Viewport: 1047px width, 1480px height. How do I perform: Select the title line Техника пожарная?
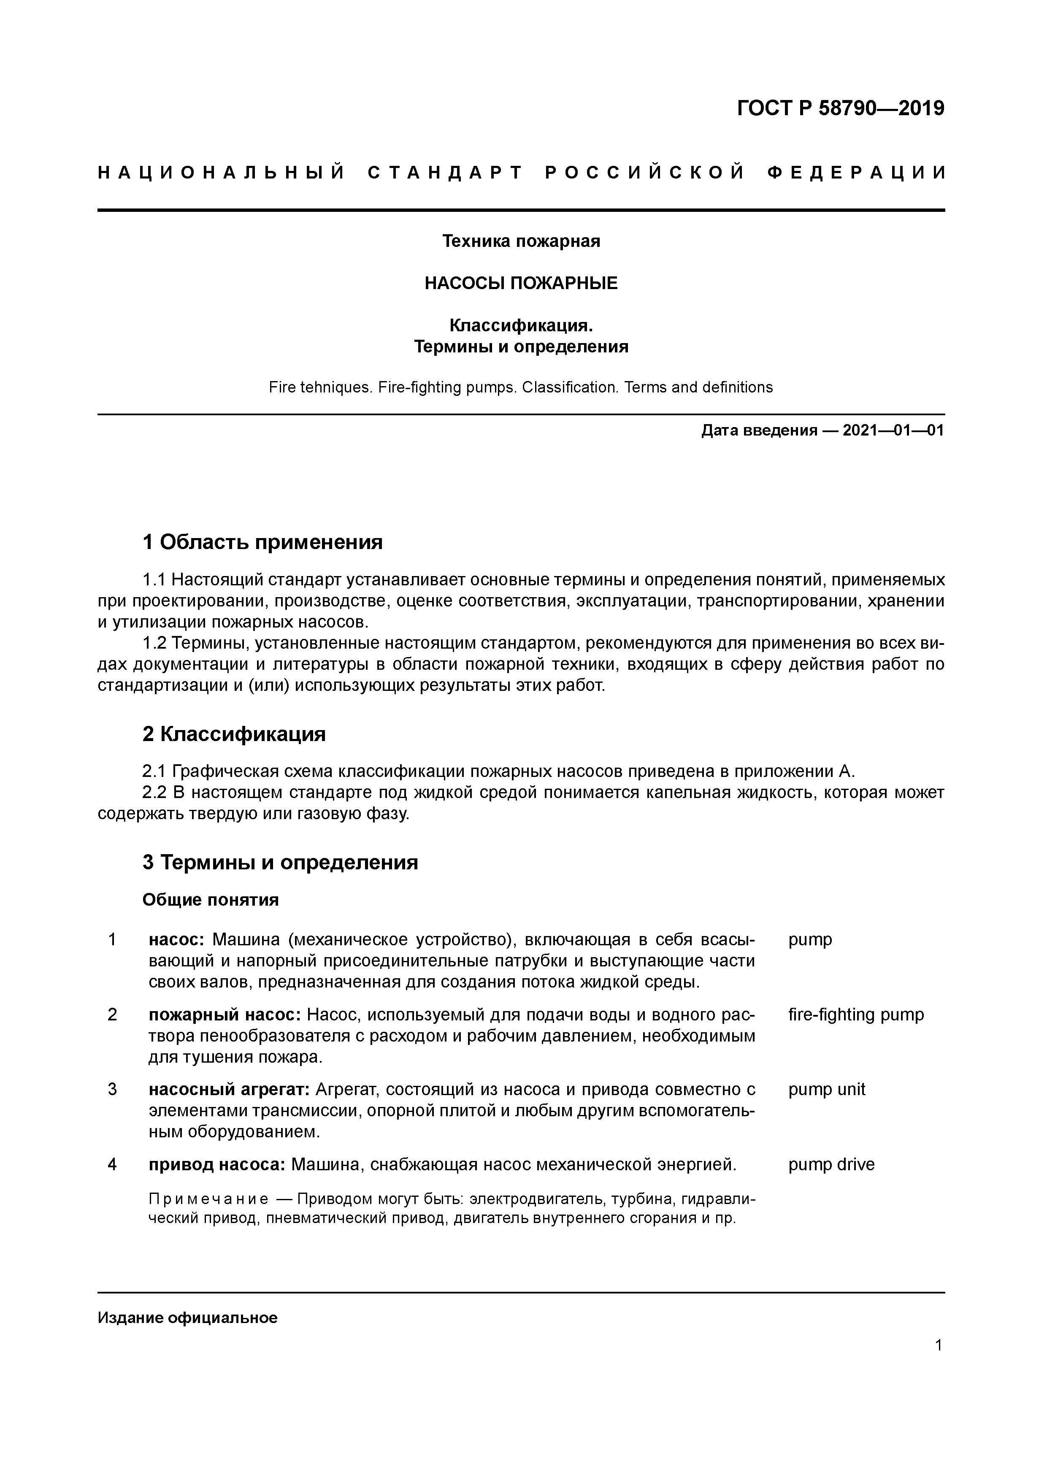pos(521,241)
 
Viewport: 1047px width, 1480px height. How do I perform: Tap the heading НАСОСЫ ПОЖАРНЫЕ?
pos(521,283)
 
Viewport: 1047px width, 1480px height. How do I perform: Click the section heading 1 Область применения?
pos(262,542)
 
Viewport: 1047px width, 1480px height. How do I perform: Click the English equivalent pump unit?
pos(827,1089)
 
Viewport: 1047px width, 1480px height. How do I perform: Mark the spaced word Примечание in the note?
pos(208,1199)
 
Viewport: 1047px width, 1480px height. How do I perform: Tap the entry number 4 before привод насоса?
pos(112,1164)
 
